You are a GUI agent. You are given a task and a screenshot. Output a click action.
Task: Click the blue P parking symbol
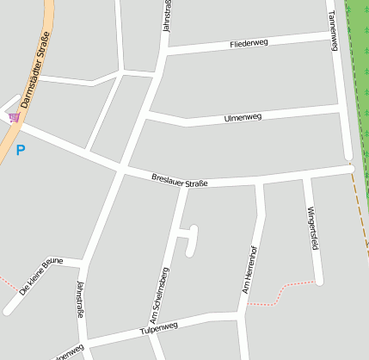tap(21, 151)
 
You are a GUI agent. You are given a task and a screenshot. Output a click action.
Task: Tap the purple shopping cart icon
tap(14, 117)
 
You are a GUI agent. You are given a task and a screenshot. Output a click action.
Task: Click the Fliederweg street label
tap(249, 43)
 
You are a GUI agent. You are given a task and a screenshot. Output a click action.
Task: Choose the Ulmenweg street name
tap(243, 116)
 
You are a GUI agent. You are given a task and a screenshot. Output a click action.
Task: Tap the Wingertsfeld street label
tap(312, 227)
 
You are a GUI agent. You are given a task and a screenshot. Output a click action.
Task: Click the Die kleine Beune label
tap(40, 276)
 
